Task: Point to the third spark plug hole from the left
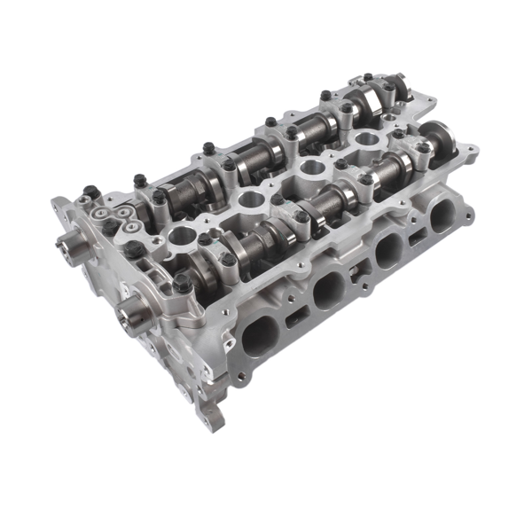click(x=311, y=166)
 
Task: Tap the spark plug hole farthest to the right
click(x=364, y=138)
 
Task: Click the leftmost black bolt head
click(x=90, y=190)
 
